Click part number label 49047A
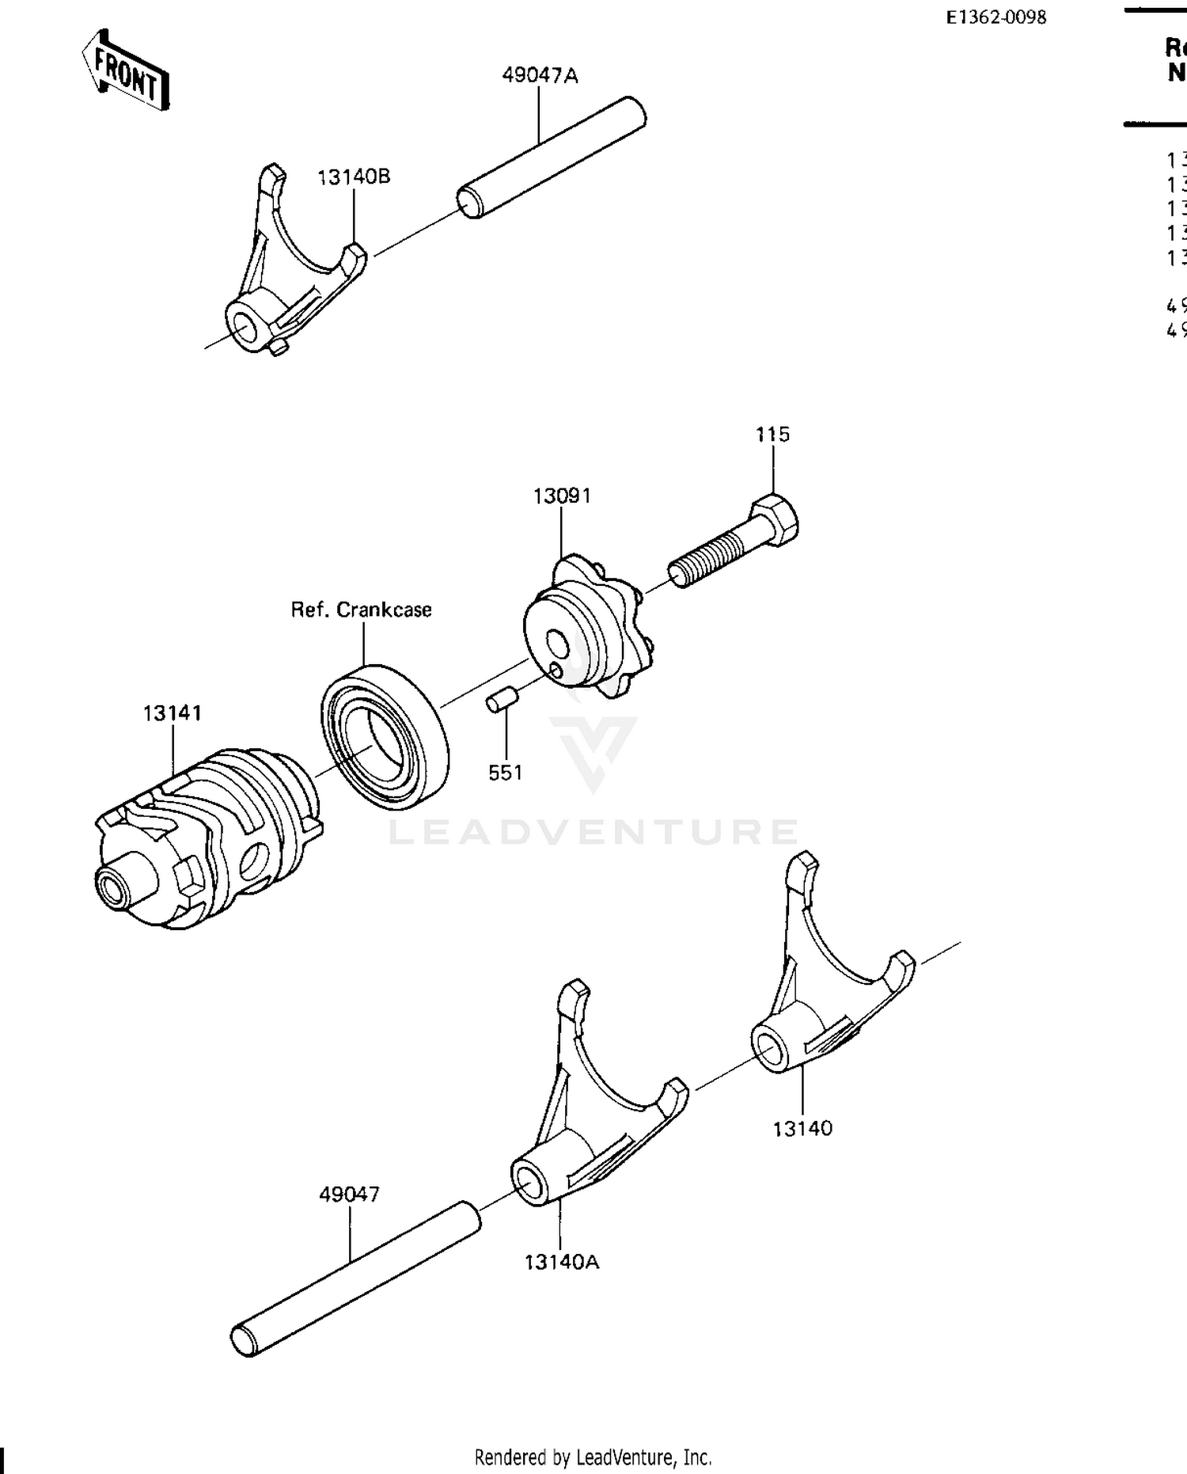(x=540, y=75)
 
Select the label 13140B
(x=353, y=177)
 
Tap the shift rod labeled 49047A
(x=552, y=156)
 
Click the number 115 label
(x=772, y=434)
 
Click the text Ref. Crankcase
(x=361, y=610)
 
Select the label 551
(x=505, y=773)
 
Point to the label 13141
(x=172, y=712)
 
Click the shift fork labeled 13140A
(x=590, y=1116)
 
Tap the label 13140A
(x=561, y=1262)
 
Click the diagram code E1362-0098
(x=995, y=17)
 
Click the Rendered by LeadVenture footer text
(x=593, y=1457)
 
